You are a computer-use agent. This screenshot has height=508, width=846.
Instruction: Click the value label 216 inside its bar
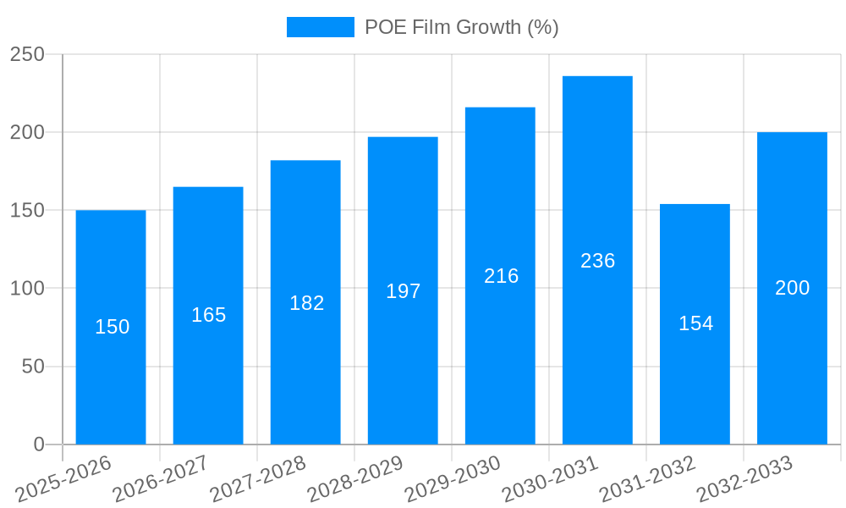tap(501, 276)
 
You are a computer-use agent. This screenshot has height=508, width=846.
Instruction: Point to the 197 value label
tap(403, 291)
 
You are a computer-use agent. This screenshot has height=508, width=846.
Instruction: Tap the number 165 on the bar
tap(208, 315)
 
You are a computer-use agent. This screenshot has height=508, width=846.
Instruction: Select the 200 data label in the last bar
tap(792, 288)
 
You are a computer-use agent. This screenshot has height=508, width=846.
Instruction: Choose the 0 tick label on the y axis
tap(39, 444)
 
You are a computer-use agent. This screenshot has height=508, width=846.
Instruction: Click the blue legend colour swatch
tap(321, 27)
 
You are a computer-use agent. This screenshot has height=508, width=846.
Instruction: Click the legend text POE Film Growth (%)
tap(461, 27)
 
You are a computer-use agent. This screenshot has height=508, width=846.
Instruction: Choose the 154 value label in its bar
tap(695, 323)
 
